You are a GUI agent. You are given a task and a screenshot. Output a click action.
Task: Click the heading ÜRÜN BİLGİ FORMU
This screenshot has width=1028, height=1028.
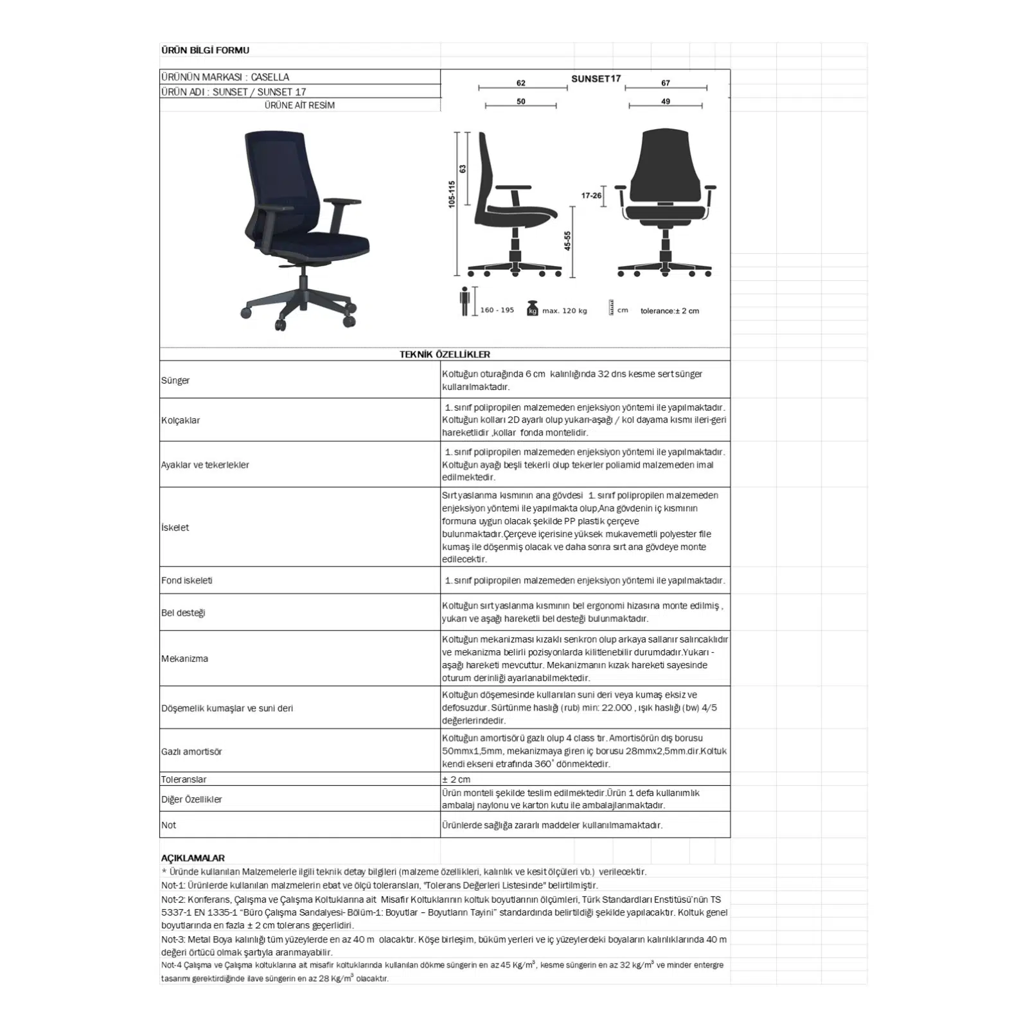click(x=205, y=50)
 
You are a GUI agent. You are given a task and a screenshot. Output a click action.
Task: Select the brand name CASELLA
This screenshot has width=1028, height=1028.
click(x=270, y=77)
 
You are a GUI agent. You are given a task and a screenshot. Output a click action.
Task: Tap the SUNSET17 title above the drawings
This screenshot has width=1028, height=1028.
click(x=596, y=78)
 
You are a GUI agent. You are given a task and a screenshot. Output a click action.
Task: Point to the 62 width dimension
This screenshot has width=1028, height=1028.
click(x=521, y=83)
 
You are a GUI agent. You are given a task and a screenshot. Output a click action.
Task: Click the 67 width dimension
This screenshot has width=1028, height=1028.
click(x=666, y=83)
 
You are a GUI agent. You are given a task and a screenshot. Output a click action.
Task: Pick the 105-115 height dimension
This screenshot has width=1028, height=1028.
click(x=452, y=193)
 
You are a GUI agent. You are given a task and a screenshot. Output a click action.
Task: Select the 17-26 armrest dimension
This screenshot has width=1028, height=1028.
click(x=591, y=195)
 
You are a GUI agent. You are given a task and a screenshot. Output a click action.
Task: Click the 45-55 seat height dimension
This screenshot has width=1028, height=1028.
click(x=567, y=241)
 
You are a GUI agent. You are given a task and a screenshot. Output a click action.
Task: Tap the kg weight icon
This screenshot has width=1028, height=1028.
click(x=532, y=308)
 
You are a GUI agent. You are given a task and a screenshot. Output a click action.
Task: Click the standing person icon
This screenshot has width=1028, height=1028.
click(x=465, y=301)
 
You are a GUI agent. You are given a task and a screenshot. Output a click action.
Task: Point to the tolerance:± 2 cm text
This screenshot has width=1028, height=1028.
click(x=669, y=311)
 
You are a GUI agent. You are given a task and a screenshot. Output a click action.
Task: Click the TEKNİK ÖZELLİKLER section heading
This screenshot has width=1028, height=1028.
click(x=445, y=355)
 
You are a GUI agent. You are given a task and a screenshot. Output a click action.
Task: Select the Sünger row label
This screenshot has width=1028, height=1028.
click(x=175, y=380)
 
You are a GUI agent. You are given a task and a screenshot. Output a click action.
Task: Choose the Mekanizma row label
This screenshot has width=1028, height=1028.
click(x=184, y=659)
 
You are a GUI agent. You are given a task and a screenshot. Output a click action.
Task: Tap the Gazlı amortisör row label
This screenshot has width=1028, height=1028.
click(x=191, y=751)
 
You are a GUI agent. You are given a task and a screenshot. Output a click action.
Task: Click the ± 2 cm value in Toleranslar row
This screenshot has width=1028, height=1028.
click(x=456, y=779)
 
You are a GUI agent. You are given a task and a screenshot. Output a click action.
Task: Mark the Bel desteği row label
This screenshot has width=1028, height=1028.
click(x=183, y=613)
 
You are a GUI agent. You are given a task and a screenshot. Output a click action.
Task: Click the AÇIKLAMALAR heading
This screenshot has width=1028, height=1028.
click(x=193, y=858)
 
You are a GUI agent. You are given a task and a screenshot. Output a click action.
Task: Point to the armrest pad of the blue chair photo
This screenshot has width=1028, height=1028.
click(x=344, y=201)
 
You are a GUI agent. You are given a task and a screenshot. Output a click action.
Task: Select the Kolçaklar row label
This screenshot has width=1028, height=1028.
click(x=181, y=420)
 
